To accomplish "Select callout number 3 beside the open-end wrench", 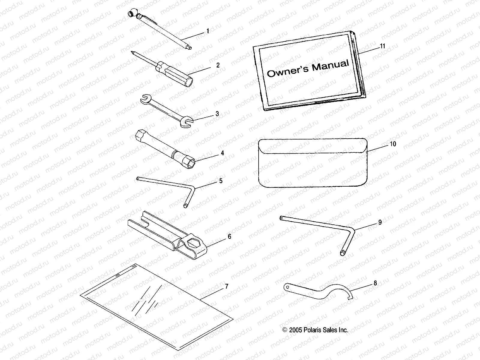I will (217, 114).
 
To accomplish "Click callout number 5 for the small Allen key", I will (220, 181).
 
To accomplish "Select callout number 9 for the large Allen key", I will (380, 222).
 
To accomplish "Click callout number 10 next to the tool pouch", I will (393, 144).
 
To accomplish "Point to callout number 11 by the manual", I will (382, 46).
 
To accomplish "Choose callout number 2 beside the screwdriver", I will (226, 65).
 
